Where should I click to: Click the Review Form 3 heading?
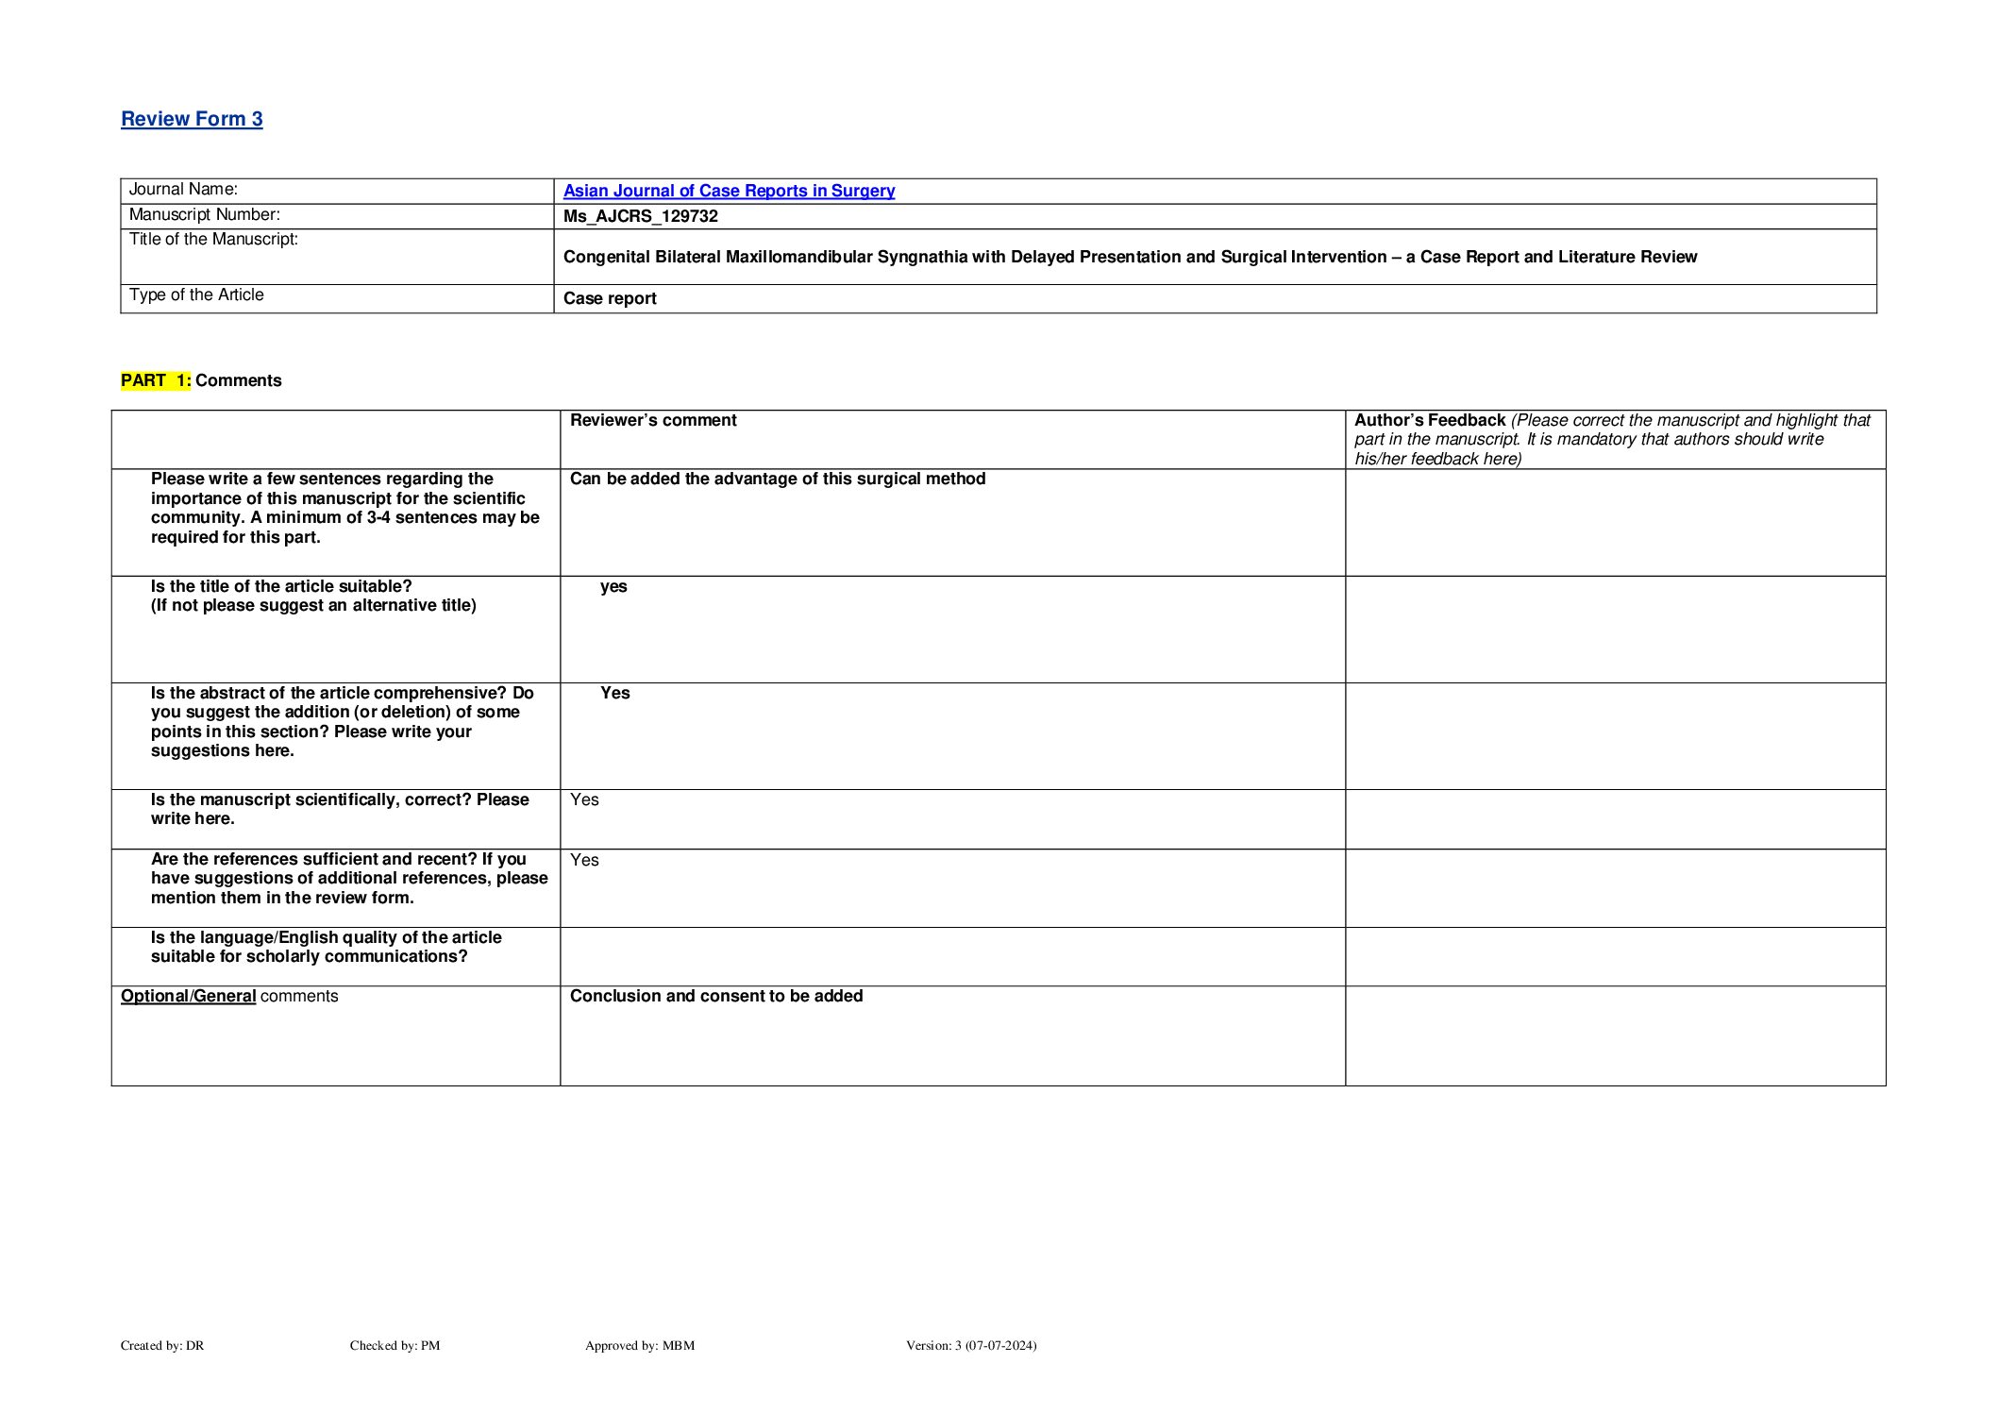(192, 119)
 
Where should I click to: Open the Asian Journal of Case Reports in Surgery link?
(729, 191)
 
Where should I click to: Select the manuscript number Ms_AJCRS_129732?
(640, 216)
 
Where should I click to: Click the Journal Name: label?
(183, 190)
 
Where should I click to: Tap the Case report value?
(610, 298)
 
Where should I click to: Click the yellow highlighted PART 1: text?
(156, 380)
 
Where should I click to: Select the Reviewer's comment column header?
(653, 420)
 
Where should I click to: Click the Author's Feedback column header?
(1429, 420)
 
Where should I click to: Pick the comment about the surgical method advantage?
(777, 479)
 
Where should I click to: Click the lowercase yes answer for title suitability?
(613, 586)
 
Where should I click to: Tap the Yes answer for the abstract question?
(614, 693)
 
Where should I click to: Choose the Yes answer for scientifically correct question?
(584, 799)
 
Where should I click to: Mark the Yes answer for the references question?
(584, 860)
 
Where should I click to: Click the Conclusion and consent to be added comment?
(715, 996)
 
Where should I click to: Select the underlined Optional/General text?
(188, 996)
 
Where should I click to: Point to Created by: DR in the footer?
(161, 1345)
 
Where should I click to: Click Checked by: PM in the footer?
(395, 1345)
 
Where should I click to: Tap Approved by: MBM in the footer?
(639, 1345)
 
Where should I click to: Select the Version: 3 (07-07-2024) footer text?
(970, 1345)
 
